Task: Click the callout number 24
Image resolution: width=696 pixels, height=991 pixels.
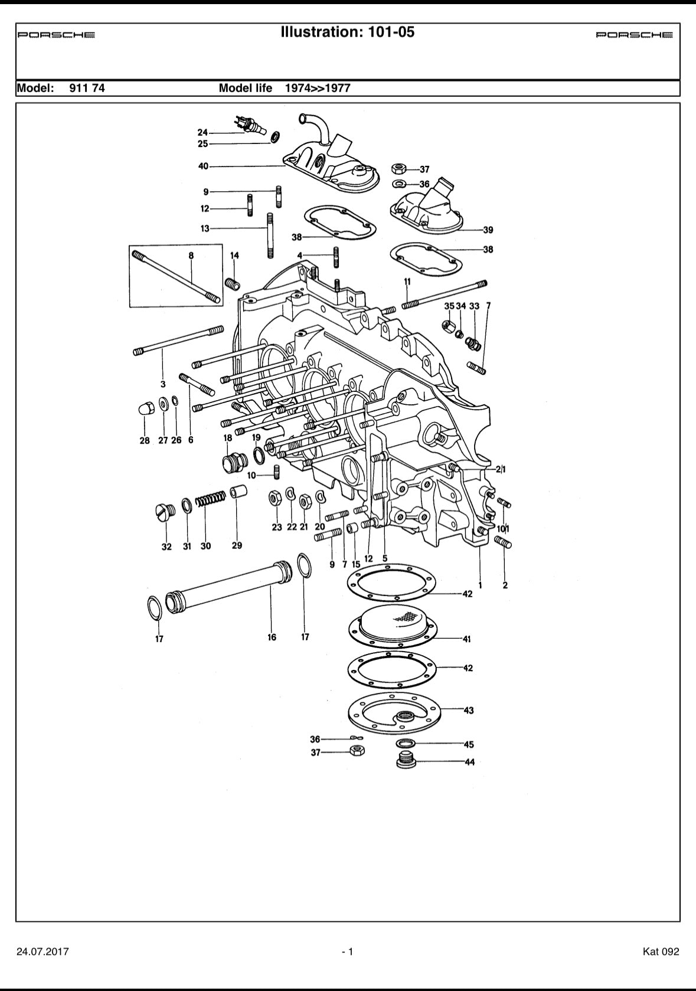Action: [x=202, y=132]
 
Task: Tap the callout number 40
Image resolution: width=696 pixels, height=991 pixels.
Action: [x=203, y=166]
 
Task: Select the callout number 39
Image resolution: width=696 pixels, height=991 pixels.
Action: [x=488, y=230]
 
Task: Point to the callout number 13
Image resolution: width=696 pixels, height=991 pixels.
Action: [x=205, y=228]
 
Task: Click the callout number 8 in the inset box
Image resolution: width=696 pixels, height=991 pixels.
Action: [x=191, y=256]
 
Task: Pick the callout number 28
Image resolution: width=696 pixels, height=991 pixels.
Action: [x=145, y=441]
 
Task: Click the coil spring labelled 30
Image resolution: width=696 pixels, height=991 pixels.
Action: [x=210, y=499]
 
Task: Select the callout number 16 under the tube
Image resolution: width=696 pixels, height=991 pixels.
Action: [x=272, y=637]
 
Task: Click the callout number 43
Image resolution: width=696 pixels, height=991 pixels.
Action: [x=468, y=711]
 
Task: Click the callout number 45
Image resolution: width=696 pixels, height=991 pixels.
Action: [x=469, y=745]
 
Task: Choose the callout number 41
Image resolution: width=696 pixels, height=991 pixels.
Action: [x=467, y=639]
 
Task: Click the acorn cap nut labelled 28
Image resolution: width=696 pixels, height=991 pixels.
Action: [x=146, y=408]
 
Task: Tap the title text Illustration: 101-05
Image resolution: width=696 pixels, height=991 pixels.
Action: [x=348, y=32]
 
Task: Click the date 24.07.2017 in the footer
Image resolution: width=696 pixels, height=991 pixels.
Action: [x=43, y=951]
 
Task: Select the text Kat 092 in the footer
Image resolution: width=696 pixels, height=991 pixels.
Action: [x=661, y=951]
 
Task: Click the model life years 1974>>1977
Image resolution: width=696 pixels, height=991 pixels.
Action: [x=317, y=89]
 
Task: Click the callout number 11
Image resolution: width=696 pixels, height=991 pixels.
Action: [x=407, y=282]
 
